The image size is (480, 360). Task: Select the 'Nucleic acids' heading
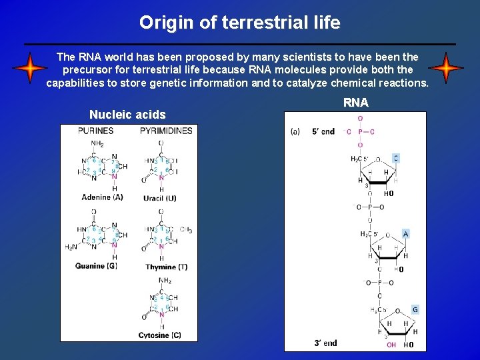(127, 115)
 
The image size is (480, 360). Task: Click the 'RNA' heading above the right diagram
(355, 103)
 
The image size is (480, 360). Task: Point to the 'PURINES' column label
(95, 131)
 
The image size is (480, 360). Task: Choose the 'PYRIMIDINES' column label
(166, 131)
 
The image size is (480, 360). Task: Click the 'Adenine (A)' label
(102, 197)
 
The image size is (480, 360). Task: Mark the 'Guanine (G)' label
(100, 266)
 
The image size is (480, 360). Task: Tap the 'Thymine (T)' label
(166, 267)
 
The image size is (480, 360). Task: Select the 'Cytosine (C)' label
(159, 335)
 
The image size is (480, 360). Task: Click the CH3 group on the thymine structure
(185, 230)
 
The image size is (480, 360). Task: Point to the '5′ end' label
(323, 132)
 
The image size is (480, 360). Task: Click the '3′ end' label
(325, 343)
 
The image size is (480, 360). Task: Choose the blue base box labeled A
(405, 234)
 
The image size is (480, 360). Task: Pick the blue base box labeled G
(415, 309)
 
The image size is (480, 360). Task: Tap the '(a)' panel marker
(295, 132)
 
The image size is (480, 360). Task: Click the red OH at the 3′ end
(391, 345)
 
